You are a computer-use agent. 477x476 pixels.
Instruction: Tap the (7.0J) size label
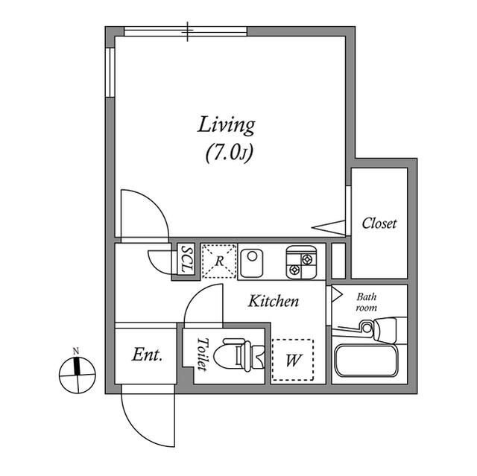pos(230,152)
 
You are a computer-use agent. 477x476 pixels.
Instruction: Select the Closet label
pos(379,223)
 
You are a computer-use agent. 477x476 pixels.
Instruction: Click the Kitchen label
pos(274,301)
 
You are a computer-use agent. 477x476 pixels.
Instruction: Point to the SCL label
pos(186,259)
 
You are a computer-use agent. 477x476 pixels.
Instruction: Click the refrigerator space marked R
pos(219,261)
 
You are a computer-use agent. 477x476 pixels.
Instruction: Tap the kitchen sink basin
pos(252,263)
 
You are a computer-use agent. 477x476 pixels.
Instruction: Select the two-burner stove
pos(301,262)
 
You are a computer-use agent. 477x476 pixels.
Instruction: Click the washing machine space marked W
pos(293,360)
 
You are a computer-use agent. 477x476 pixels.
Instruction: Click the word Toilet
pos(202,354)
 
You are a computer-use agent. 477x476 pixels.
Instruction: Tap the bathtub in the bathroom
pos(366,361)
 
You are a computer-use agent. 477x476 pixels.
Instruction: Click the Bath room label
pos(367,302)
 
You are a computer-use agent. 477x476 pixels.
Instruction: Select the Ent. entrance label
pos(147,355)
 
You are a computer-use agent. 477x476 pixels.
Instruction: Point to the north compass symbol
pos(78,375)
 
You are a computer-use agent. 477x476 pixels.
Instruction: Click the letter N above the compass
pos(76,352)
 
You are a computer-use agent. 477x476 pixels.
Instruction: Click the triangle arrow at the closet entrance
pos(329,227)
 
